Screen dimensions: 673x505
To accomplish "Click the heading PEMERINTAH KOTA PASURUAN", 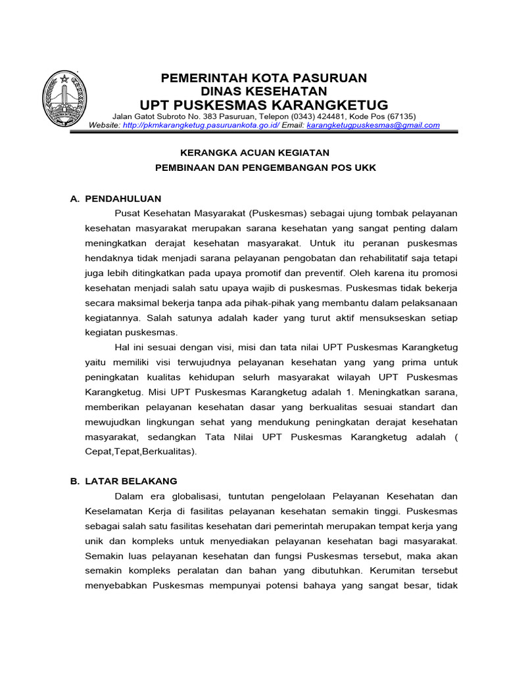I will pyautogui.click(x=264, y=78).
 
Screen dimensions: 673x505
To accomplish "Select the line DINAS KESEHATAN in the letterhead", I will pyautogui.click(x=264, y=91).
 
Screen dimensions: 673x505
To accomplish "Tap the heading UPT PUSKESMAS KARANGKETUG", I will pyautogui.click(x=264, y=105).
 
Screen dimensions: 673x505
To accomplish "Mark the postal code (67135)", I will pyautogui.click(x=402, y=116).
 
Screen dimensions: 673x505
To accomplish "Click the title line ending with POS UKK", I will pyautogui.click(x=265, y=168).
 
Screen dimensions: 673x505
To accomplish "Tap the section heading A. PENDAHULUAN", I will pyautogui.click(x=116, y=198).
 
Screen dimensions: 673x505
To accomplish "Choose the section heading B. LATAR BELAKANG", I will pyautogui.click(x=124, y=481).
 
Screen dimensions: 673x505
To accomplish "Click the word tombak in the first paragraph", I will pyautogui.click(x=379, y=214).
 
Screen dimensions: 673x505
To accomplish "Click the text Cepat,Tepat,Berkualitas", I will pyautogui.click(x=141, y=452).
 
